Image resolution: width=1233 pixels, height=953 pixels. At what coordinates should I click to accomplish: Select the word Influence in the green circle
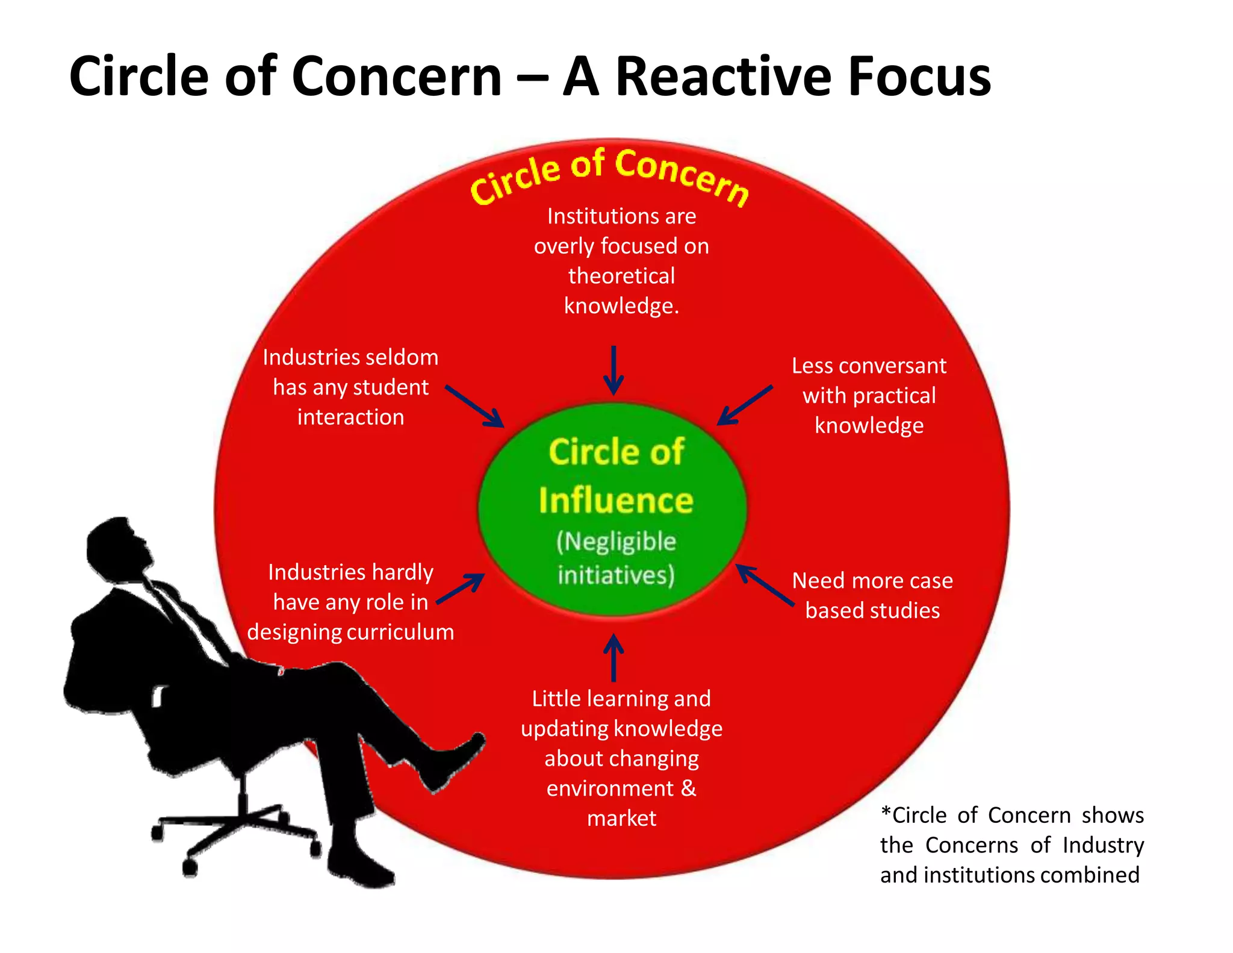coord(616,501)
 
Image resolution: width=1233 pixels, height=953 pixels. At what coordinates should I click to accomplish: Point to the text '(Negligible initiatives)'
coord(616,558)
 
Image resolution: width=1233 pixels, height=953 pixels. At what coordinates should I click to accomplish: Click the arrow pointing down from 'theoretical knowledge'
coord(613,370)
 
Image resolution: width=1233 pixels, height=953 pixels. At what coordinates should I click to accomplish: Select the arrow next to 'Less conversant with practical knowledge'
coord(745,405)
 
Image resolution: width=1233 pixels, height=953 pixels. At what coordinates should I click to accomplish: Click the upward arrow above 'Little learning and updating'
coord(613,657)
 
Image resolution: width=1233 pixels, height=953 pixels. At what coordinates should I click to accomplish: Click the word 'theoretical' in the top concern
coord(621,276)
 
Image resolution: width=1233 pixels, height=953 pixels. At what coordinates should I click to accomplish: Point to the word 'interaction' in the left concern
coord(350,417)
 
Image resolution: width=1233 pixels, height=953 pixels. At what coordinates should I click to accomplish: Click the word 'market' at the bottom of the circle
coord(621,818)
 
